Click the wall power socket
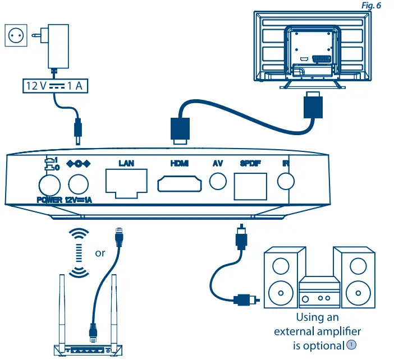(15, 35)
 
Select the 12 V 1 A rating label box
(53, 86)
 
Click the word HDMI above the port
(180, 164)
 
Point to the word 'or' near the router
(100, 253)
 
